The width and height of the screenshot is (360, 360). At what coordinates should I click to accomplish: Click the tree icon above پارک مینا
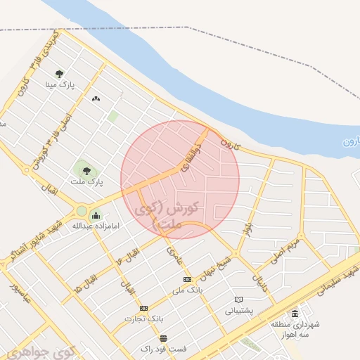coord(68,73)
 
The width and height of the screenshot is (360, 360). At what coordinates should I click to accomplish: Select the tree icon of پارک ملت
coord(86,169)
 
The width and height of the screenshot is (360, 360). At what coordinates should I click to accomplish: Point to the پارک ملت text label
coord(86,181)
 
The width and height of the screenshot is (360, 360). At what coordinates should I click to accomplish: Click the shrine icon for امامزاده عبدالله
coord(96,214)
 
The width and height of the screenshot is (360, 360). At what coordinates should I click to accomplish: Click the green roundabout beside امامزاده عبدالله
coord(82,210)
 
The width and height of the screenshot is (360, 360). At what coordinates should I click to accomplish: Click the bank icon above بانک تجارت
coord(143,308)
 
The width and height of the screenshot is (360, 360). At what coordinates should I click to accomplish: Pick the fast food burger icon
coord(164,338)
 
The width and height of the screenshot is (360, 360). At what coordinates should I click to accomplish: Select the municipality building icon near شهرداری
coord(295,314)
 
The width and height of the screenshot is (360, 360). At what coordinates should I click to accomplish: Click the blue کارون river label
coord(350,142)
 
